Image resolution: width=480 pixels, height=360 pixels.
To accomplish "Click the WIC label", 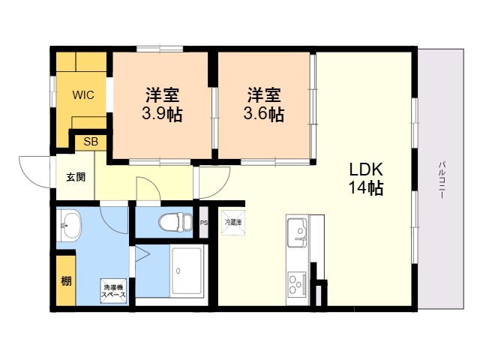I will point(82,96).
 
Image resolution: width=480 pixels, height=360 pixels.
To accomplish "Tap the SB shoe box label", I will point(90,141).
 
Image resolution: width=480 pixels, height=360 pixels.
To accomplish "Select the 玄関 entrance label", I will point(75,178).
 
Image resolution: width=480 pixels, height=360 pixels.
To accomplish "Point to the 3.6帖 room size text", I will point(263,115).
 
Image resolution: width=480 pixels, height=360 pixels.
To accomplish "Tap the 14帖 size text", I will point(365,188).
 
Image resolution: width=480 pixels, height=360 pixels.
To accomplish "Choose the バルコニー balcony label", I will point(442,179).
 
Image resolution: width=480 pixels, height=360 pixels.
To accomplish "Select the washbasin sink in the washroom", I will point(70,224).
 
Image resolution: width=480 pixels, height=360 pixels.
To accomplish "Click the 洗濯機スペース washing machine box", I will point(115,291).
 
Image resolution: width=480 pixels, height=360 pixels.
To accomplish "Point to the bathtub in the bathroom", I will point(187,271).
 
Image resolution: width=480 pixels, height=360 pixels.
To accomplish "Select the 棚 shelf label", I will point(67,283).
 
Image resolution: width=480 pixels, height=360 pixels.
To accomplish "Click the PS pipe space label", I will point(204,222).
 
